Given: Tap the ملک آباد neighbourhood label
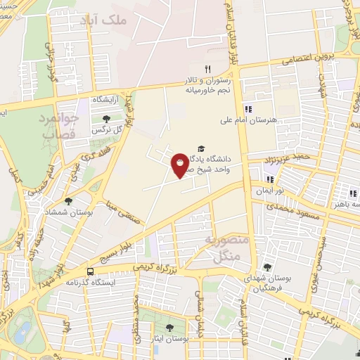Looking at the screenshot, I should coord(124,20).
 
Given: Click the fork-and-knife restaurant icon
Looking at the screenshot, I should coord(207,69).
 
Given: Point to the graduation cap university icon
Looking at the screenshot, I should coord(202,149).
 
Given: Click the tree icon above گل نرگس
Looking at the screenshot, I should coord(106,119).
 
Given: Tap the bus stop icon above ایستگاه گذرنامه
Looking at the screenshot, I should coord(90,271).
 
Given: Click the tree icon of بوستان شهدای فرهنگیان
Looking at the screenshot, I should coord(267,267).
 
